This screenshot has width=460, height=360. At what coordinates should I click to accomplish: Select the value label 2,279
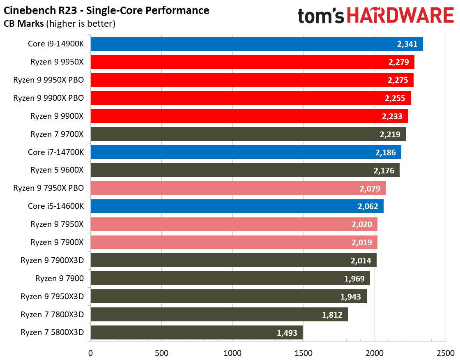click(397, 62)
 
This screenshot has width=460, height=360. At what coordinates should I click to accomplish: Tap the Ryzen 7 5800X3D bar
click(196, 332)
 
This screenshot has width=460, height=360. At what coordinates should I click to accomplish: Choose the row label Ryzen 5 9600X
click(57, 170)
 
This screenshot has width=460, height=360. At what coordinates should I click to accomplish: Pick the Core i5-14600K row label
click(56, 206)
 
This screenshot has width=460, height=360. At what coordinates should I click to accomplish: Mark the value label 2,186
click(385, 152)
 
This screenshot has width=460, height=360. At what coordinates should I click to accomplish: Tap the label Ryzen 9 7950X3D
click(52, 296)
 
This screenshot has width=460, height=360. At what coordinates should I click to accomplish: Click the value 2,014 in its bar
click(361, 261)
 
